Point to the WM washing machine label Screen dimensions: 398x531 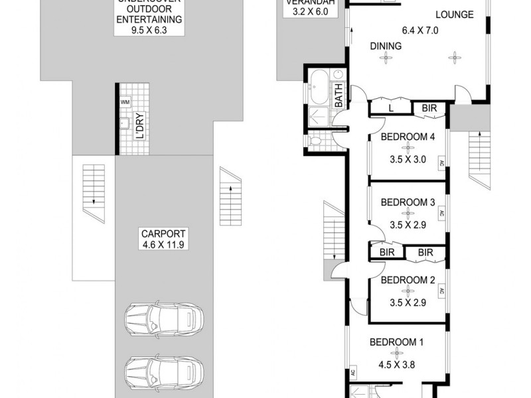(125, 102)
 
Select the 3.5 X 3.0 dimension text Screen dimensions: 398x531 (408, 159)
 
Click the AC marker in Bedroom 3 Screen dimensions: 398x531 (441, 214)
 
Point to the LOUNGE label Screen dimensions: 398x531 (454, 14)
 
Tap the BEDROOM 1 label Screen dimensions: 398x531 (396, 342)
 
